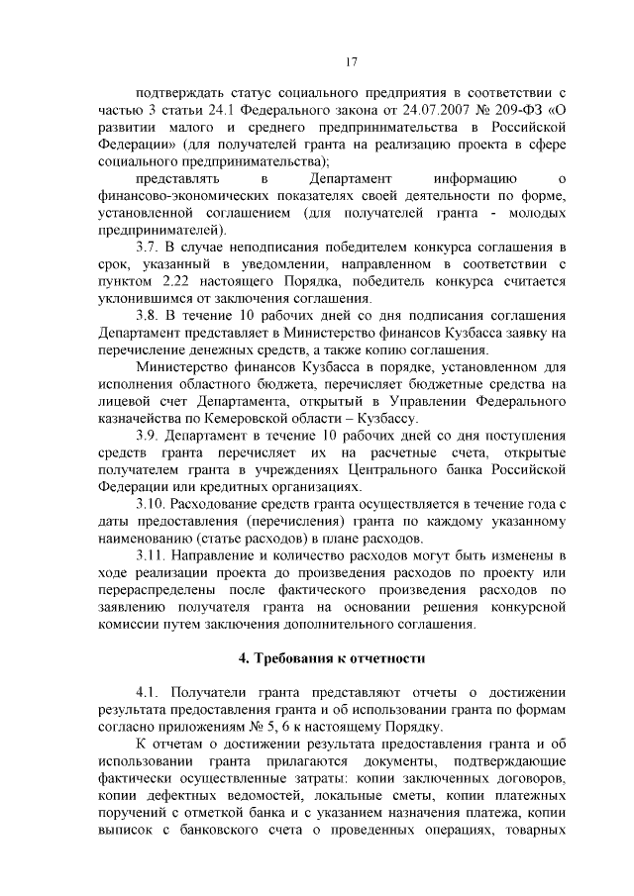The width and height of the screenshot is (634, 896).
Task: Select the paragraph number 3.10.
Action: click(154, 505)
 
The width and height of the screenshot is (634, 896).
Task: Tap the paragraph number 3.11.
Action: click(154, 557)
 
